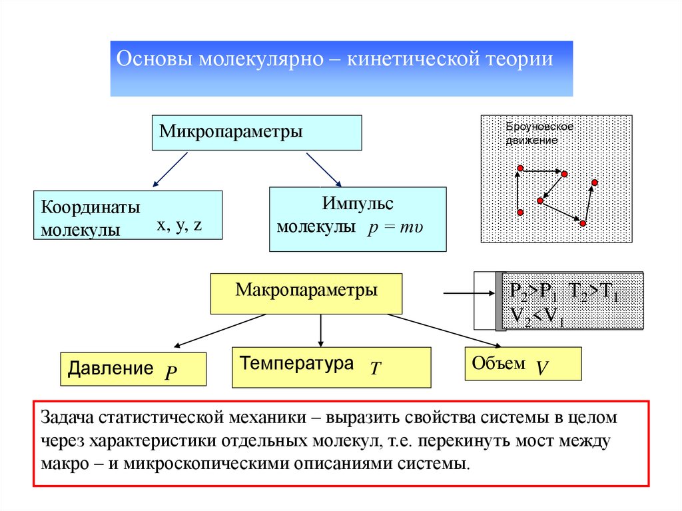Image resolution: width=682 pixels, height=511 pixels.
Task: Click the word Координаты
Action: pyautogui.click(x=91, y=207)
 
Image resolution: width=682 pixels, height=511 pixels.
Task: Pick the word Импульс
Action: pyautogui.click(x=357, y=203)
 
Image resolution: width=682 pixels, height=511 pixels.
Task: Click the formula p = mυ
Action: pyautogui.click(x=395, y=227)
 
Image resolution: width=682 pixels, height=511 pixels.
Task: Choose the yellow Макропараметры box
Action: pyautogui.click(x=306, y=292)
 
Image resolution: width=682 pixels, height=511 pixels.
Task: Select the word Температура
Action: pyautogui.click(x=296, y=364)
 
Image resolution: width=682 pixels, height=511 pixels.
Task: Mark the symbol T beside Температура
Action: pyautogui.click(x=375, y=368)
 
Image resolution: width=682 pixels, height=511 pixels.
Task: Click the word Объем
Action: pyautogui.click(x=498, y=363)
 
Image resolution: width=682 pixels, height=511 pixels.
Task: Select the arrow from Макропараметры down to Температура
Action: pyautogui.click(x=322, y=330)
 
